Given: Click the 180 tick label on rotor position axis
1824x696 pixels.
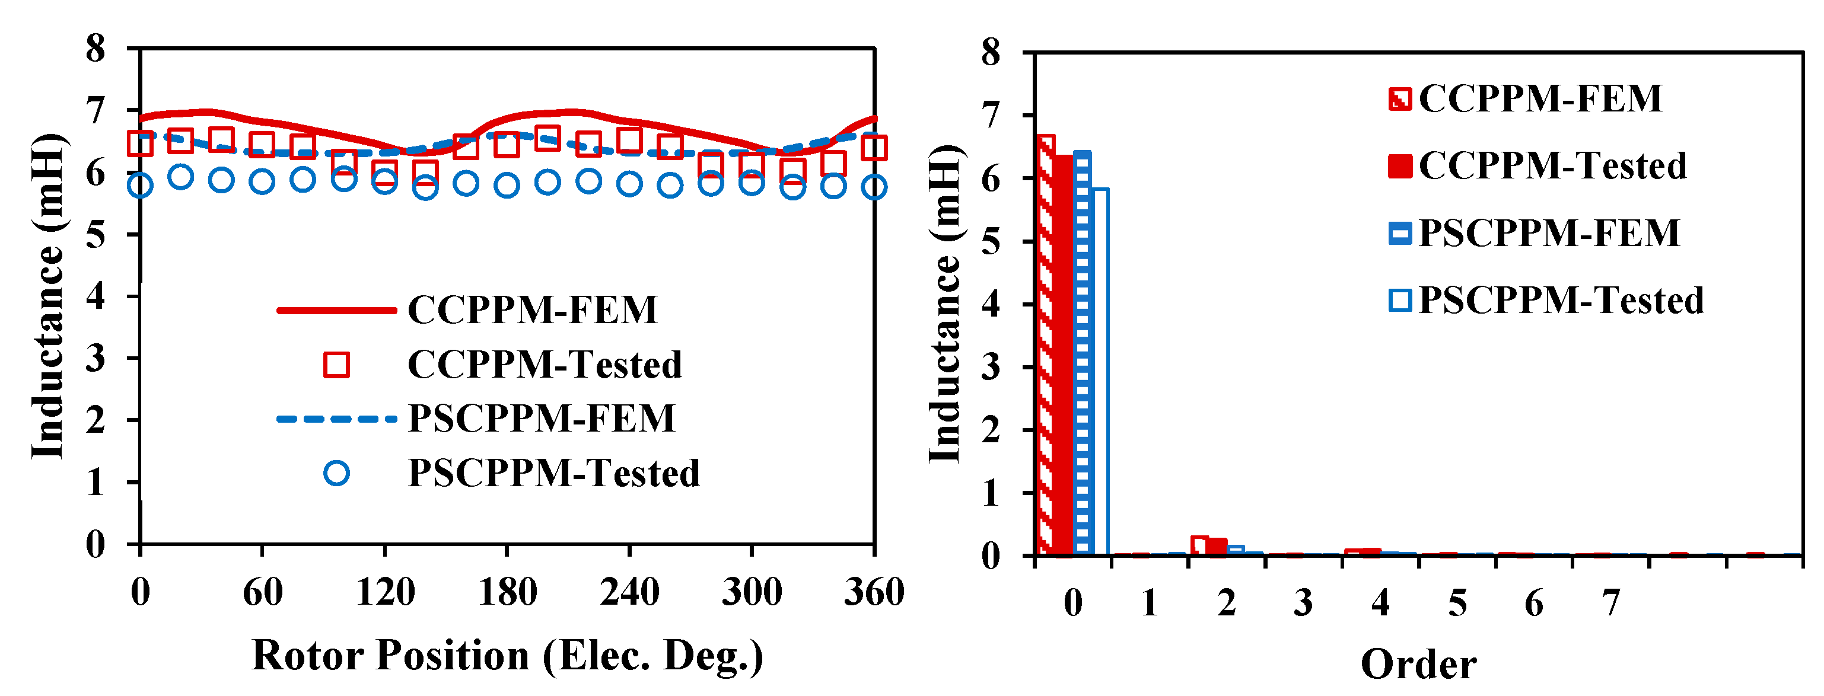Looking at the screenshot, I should [507, 592].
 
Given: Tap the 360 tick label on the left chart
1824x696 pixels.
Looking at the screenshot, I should [874, 592].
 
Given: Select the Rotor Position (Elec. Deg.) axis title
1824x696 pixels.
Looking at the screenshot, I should [507, 655].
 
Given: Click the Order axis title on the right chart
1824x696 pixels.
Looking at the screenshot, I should [1418, 664].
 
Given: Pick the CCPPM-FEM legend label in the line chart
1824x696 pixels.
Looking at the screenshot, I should [533, 310].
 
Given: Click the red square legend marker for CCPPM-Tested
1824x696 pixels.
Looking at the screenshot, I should [336, 365].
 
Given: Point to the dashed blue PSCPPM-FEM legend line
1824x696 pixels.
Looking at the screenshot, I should [336, 419].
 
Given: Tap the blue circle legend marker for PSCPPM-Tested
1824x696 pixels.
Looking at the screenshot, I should [336, 473].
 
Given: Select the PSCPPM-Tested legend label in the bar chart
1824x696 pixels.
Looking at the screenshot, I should [1561, 300].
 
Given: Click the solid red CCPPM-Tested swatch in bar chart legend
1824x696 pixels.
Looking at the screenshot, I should [1400, 165].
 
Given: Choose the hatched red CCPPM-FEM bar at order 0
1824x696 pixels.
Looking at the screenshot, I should [1045, 347].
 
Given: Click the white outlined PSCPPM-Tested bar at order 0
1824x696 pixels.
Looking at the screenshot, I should [1100, 372].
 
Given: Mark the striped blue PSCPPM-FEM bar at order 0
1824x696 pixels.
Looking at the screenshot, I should [1082, 354].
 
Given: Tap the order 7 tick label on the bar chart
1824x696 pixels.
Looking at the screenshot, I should [1611, 604].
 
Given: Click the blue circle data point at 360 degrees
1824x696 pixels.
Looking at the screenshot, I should [874, 187].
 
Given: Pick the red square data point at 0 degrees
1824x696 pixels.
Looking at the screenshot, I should [140, 143].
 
